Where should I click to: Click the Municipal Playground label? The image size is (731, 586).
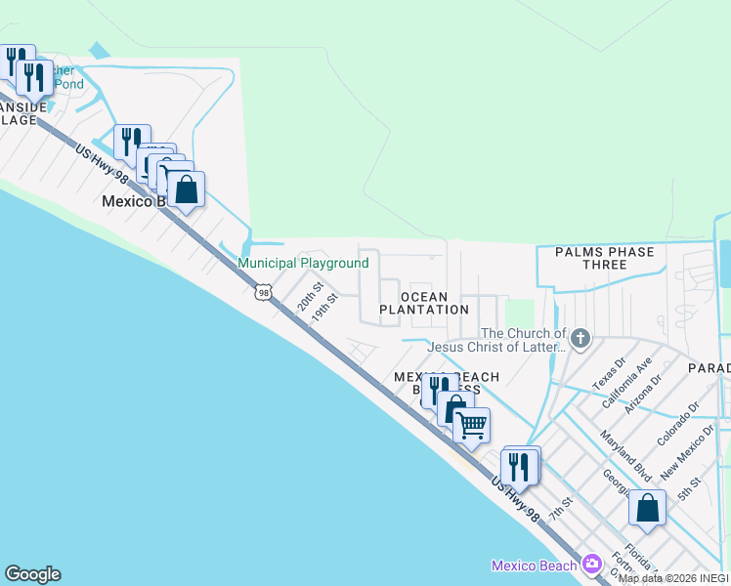tap(304, 264)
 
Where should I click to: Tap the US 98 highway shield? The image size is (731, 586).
tap(263, 292)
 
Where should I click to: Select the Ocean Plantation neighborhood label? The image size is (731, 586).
tap(424, 303)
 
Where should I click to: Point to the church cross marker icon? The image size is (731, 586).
tap(580, 340)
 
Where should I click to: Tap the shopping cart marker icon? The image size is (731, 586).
tap(471, 424)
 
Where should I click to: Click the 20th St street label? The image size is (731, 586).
tap(310, 294)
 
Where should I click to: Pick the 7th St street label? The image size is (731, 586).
tap(559, 507)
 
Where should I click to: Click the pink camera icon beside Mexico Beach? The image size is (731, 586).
tap(591, 565)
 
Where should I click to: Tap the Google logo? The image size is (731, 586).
tap(32, 574)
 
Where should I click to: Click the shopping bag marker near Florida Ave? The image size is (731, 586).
tap(647, 508)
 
